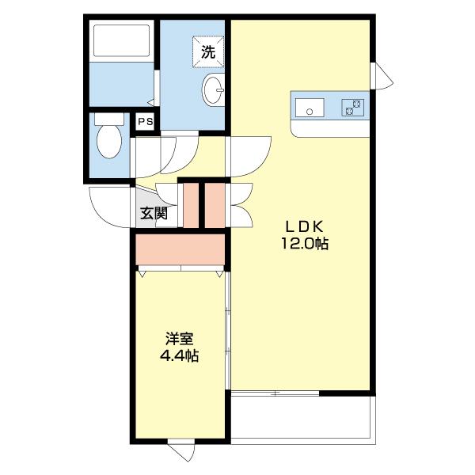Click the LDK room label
[302, 226]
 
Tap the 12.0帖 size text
[302, 245]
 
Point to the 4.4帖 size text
[179, 356]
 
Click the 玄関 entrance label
[154, 213]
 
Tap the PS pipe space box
[145, 122]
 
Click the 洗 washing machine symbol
[207, 52]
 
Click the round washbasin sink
[213, 91]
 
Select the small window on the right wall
[382, 76]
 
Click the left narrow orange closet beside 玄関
[190, 206]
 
